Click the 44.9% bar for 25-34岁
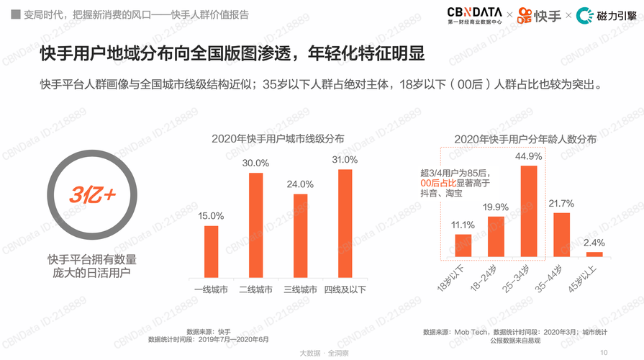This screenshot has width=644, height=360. (x=529, y=211)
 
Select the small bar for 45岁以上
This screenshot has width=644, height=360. (x=594, y=254)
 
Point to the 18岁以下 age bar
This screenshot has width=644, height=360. (x=463, y=246)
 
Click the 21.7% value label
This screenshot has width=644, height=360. (x=561, y=204)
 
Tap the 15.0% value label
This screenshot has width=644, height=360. (x=211, y=216)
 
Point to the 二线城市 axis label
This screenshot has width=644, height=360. (x=255, y=290)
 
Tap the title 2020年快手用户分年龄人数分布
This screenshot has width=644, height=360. (x=525, y=139)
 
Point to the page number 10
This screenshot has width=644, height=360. (x=604, y=352)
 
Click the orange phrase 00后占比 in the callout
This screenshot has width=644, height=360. (x=438, y=184)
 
